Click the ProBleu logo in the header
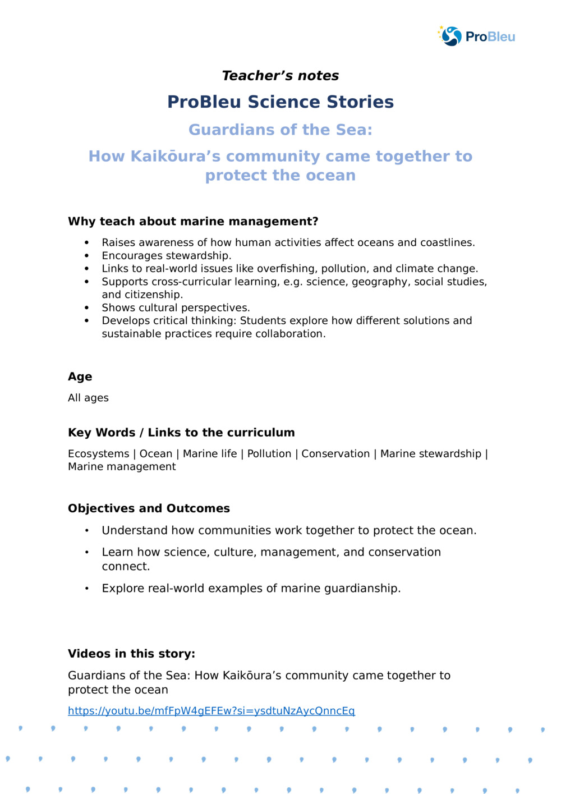coord(476,36)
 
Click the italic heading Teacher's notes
coord(280,76)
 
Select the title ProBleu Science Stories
coord(280,102)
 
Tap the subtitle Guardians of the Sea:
coord(280,130)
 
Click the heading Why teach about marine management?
coord(193,222)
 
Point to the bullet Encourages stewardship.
coord(166,256)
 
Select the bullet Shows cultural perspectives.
coord(176,308)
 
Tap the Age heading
coord(80,377)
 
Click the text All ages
coord(88,398)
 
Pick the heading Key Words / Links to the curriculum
coord(181,433)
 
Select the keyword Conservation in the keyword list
coord(335,454)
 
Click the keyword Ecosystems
coord(98,454)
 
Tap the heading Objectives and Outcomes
coord(149,508)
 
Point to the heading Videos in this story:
coord(131,654)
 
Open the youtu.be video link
coord(211,711)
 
